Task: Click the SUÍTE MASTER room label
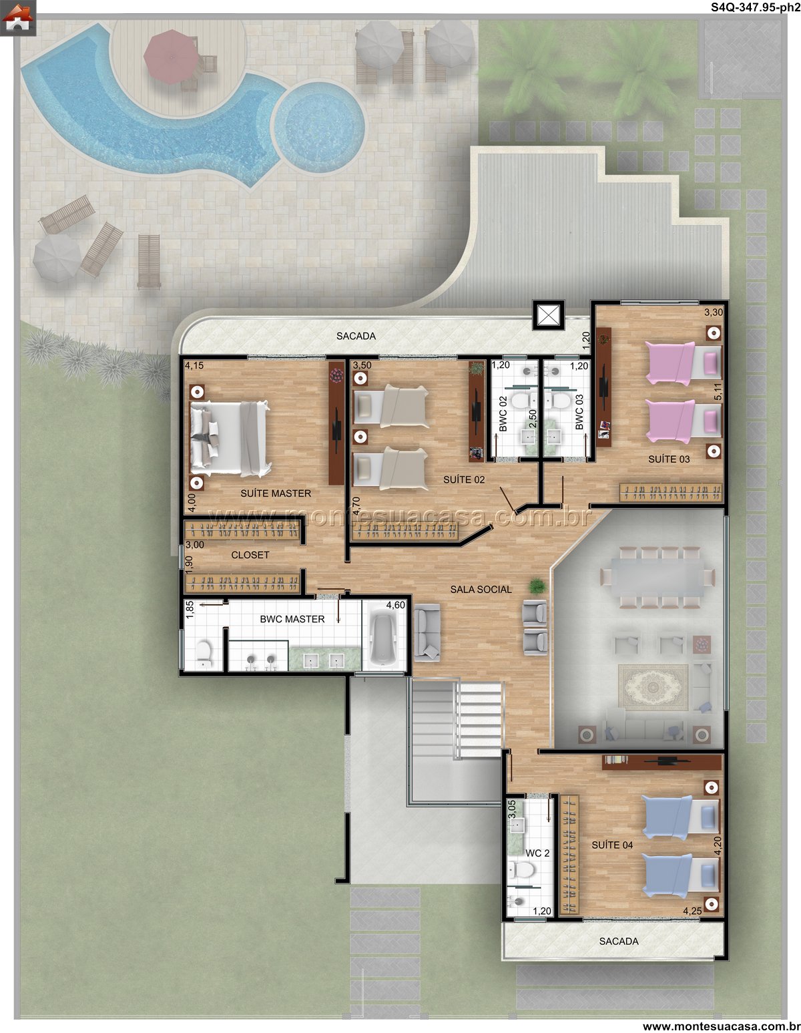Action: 276,493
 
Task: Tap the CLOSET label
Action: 250,555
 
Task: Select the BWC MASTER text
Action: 292,619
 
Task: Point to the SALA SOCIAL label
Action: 481,590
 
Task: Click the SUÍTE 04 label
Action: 612,845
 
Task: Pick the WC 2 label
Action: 537,853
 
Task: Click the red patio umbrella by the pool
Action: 172,57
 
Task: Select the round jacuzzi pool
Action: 319,127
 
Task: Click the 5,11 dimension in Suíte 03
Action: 718,391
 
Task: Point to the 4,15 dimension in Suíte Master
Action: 194,365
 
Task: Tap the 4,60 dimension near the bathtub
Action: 396,605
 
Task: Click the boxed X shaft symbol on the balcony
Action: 548,315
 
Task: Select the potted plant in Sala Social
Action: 537,586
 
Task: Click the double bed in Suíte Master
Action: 230,439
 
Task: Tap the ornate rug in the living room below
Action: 653,686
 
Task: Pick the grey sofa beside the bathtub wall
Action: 427,632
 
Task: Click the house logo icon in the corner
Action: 17,18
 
